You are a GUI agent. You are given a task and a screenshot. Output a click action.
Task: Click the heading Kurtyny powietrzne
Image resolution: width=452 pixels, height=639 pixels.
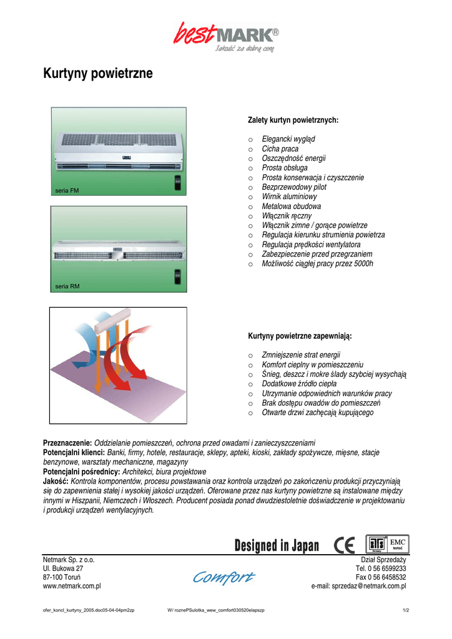coord(98,74)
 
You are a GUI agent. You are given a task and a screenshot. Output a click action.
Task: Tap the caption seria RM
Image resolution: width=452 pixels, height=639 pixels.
coord(67,286)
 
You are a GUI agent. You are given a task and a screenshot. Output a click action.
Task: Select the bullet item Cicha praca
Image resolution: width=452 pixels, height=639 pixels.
coord(280,149)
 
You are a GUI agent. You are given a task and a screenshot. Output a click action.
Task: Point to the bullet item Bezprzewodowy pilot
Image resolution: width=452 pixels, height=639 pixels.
coord(293,187)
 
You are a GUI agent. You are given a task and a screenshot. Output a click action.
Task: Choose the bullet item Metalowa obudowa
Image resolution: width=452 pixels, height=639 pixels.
coord(291,206)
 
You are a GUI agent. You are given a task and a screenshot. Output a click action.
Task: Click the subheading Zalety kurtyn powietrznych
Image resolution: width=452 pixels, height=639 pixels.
coord(293,119)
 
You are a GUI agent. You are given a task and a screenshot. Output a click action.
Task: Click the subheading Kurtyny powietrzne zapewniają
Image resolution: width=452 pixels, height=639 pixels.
coord(300,336)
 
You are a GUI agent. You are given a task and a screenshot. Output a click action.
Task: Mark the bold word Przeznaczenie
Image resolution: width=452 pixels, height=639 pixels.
coord(67,442)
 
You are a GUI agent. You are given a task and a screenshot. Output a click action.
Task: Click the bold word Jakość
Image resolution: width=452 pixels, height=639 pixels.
coord(56,481)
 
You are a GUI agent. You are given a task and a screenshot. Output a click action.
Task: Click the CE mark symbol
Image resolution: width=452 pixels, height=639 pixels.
coord(344,545)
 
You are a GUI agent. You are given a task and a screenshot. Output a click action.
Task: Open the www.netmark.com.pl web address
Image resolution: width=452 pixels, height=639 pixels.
coord(72,586)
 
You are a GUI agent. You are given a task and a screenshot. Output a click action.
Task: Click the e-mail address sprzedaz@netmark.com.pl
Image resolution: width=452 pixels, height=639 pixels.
coord(358,586)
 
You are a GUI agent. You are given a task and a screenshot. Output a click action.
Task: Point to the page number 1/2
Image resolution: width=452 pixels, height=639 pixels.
coord(406,610)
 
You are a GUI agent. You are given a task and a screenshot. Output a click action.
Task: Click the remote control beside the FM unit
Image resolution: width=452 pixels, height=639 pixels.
coord(177,183)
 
